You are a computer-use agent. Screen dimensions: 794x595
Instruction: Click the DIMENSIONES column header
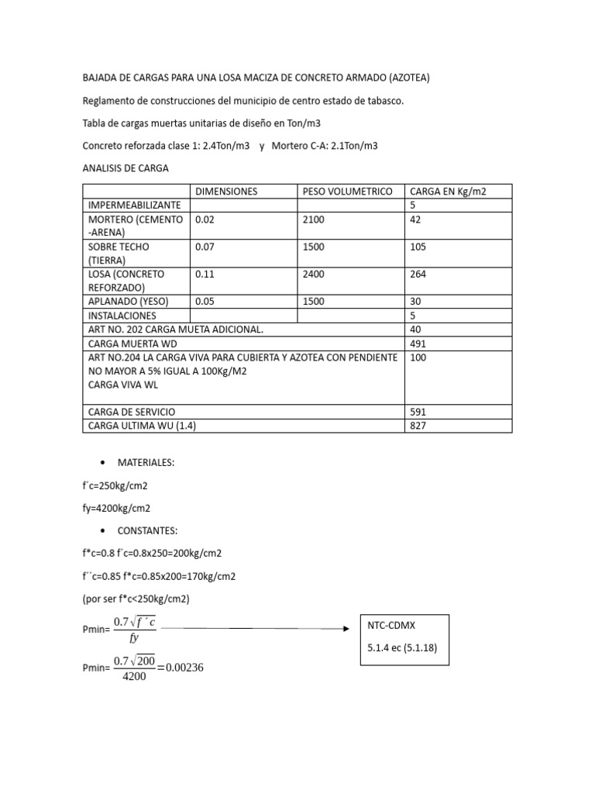click(x=226, y=192)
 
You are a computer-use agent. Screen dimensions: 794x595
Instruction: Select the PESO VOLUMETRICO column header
click(x=347, y=192)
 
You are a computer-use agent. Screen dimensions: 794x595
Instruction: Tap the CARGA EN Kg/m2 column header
click(x=449, y=192)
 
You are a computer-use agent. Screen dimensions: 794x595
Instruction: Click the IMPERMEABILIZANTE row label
click(x=134, y=205)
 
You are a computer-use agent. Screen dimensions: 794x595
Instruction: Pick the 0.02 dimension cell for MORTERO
click(x=204, y=219)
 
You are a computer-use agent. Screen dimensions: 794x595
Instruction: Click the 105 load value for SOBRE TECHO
click(x=418, y=247)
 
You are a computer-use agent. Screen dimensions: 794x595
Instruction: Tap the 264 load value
click(x=418, y=274)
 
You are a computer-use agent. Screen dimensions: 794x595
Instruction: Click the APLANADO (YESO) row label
click(x=128, y=302)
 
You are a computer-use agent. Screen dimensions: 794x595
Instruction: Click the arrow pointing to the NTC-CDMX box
click(x=256, y=628)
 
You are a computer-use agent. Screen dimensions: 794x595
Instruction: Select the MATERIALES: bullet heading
click(x=146, y=463)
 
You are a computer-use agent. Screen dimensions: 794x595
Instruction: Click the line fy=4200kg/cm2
click(x=116, y=509)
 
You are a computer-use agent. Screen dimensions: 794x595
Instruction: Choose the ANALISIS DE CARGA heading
click(x=125, y=167)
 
